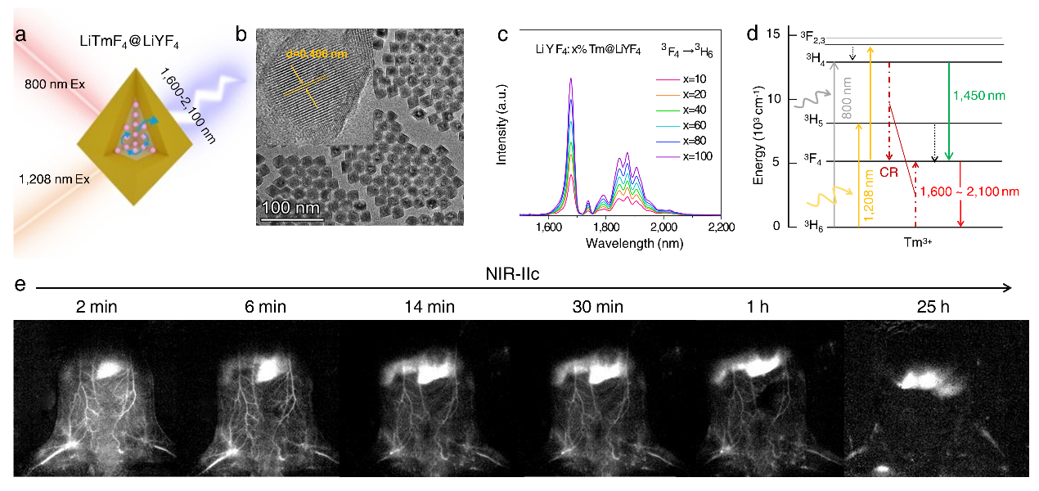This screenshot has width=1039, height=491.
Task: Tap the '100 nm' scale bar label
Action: (x=292, y=208)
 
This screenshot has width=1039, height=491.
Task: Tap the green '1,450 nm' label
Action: (x=978, y=96)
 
